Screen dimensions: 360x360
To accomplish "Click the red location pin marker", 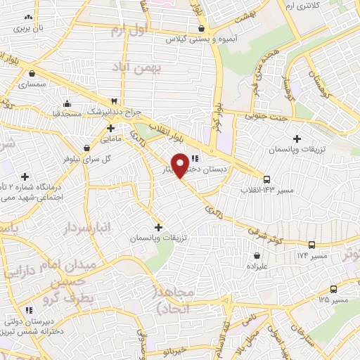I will click(181, 165).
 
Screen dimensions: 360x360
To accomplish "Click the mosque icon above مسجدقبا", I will click(67, 103).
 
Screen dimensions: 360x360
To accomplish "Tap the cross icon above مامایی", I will click(110, 128).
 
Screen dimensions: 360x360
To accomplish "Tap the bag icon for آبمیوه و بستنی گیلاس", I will click(202, 29).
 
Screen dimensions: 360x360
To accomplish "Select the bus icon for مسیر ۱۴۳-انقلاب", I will click(265, 179).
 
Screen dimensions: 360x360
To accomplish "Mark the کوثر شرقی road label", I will click(264, 237).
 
